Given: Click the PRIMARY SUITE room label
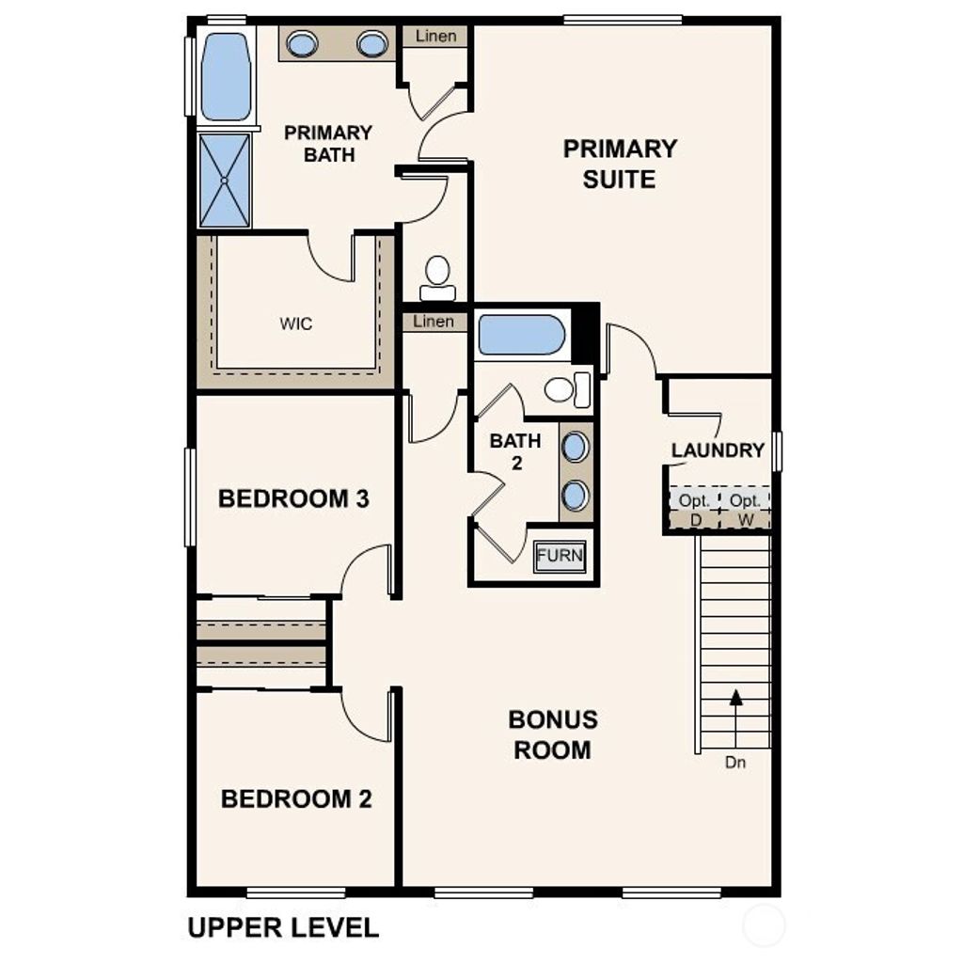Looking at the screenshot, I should [x=620, y=164].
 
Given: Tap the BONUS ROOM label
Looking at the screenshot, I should [x=552, y=734].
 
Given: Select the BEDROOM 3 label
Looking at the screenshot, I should [x=293, y=498].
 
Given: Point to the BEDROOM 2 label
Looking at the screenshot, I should [x=296, y=799].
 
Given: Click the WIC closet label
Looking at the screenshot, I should [x=295, y=324].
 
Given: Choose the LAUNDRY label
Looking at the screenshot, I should [x=718, y=450].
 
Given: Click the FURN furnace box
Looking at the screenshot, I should [x=560, y=556].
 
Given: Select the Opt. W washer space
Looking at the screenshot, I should [x=745, y=510].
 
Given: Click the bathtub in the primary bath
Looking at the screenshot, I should [x=226, y=76].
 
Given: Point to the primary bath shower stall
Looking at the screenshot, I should [x=226, y=180].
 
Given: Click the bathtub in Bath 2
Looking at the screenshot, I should [x=520, y=336].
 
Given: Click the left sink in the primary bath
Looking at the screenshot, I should [x=302, y=44].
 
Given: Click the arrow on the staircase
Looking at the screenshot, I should [x=735, y=698].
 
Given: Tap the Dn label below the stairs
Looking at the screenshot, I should [x=735, y=763].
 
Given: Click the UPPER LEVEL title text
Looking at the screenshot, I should [x=283, y=927].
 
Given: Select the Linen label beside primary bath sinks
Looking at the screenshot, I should [x=434, y=37].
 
